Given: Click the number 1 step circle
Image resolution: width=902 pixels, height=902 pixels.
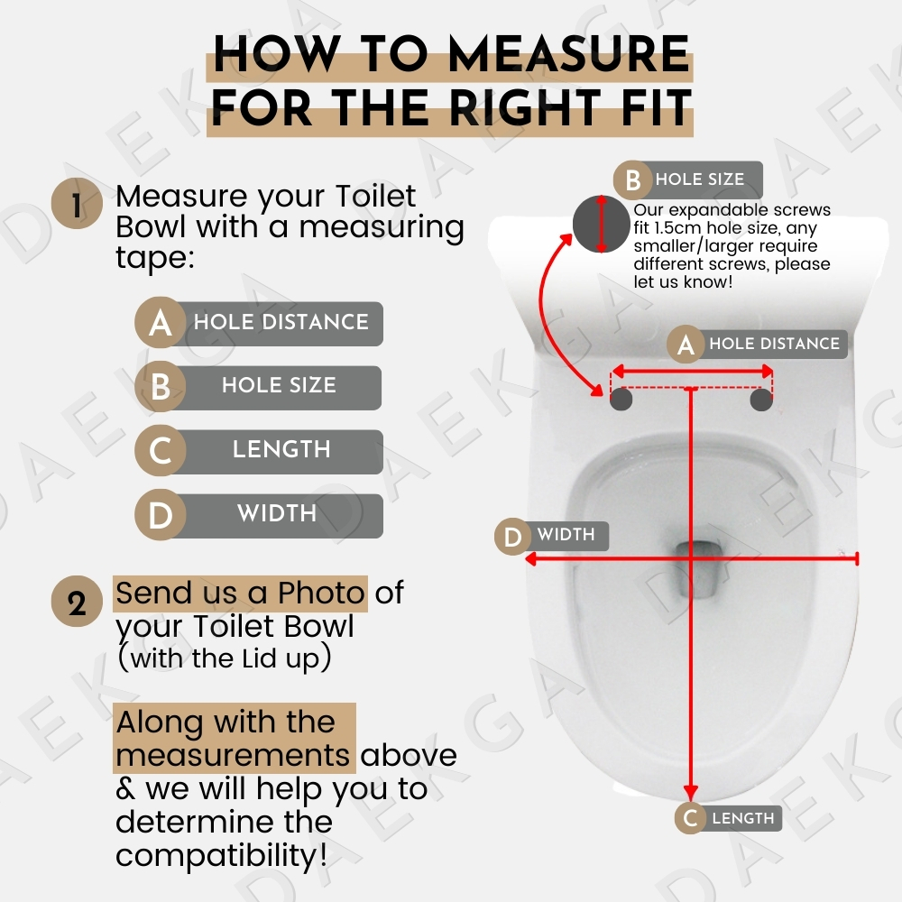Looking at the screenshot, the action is [77, 204].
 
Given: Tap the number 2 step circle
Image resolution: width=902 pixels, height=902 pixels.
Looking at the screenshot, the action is [77, 601].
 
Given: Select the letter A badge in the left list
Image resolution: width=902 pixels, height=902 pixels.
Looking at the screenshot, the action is [161, 322].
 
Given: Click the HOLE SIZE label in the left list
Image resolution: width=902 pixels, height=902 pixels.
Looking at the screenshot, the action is [279, 385].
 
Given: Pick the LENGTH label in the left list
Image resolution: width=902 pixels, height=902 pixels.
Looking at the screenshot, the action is [281, 449].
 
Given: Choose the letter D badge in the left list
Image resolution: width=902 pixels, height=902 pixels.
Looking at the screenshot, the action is [161, 514].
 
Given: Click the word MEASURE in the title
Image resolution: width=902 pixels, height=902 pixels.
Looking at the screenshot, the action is [569, 53].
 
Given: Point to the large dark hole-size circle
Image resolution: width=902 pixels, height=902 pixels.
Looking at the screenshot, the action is [601, 224].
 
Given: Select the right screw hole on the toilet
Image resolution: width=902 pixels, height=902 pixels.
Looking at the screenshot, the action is [761, 400].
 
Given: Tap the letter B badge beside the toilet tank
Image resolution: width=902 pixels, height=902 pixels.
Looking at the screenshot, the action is [633, 180].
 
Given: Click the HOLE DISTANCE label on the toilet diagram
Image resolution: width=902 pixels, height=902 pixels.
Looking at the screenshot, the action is [774, 344].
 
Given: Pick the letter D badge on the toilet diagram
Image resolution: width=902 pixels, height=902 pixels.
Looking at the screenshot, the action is [513, 537].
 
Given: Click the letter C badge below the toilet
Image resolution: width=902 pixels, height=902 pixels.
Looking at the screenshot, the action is [691, 817].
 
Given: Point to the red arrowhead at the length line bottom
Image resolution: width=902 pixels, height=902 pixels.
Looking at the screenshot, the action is [691, 792].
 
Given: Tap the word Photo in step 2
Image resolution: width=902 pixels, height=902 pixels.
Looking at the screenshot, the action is [322, 593].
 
